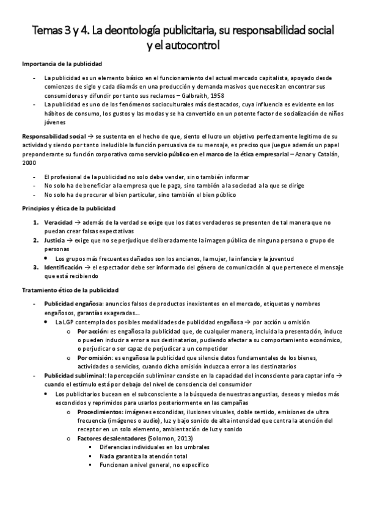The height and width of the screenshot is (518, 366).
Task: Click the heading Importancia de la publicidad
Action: click(x=62, y=64)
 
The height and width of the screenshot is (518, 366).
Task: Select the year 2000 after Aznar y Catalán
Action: click(x=29, y=162)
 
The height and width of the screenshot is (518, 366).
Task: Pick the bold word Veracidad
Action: click(x=57, y=223)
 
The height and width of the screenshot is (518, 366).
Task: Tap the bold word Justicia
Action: click(x=54, y=241)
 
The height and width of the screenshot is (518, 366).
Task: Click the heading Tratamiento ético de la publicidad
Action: click(x=70, y=289)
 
